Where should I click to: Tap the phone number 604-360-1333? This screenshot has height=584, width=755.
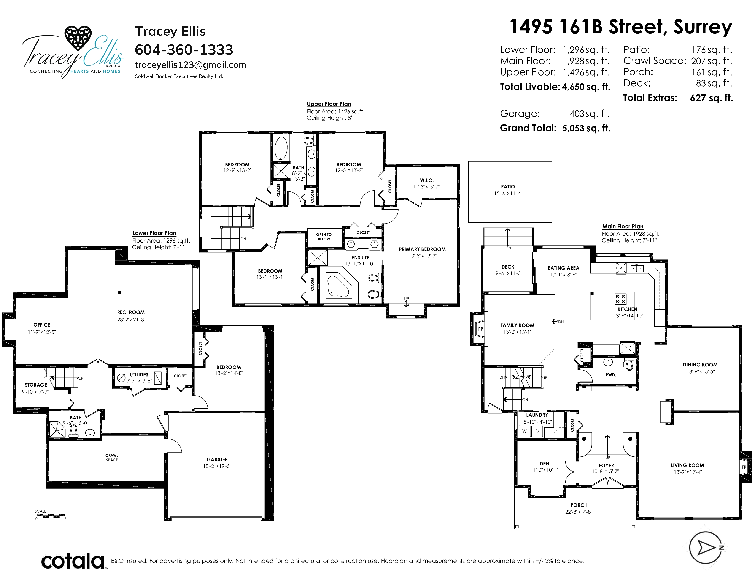click(184, 50)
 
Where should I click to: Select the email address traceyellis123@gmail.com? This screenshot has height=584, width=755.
click(191, 65)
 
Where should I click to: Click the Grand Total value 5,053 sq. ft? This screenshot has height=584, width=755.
click(586, 128)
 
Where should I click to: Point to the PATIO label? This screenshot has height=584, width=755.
click(508, 186)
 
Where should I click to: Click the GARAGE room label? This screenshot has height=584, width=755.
click(217, 459)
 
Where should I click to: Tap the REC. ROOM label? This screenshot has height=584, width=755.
click(131, 312)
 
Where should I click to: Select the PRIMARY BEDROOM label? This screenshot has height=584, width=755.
click(422, 249)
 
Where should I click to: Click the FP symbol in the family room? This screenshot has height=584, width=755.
click(480, 329)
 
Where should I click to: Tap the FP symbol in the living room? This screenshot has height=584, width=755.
click(744, 467)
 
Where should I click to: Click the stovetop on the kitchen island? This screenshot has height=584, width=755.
click(620, 299)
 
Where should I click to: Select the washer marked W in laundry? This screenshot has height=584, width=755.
click(524, 431)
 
